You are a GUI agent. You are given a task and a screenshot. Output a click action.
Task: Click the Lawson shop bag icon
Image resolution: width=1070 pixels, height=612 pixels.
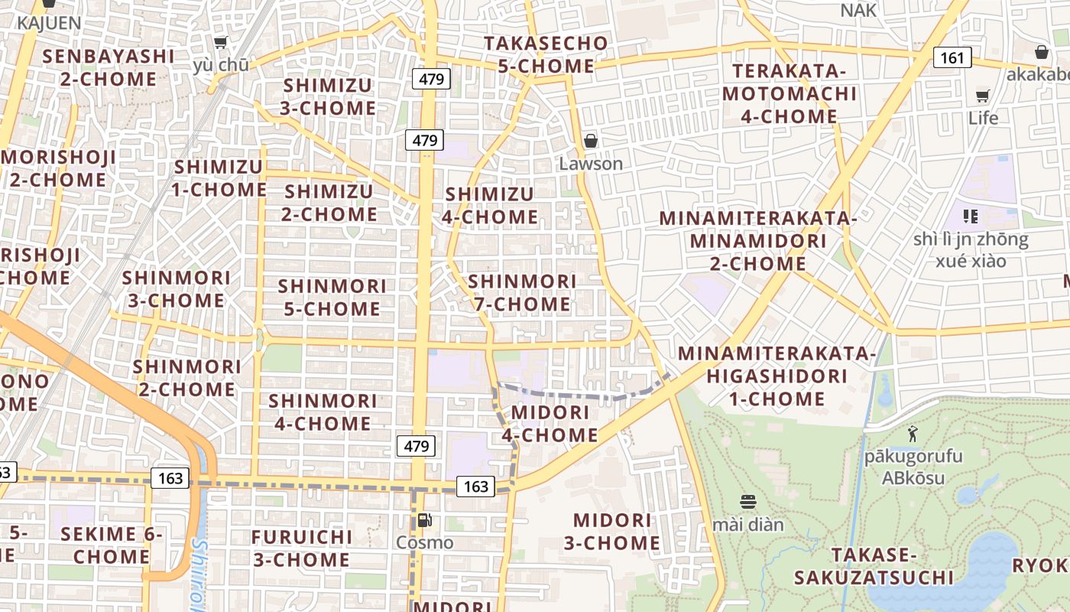tap(590, 141)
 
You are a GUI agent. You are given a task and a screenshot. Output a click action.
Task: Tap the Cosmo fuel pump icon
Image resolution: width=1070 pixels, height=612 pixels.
tap(424, 520)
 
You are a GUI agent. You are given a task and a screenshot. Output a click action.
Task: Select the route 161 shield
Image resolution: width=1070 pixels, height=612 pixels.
tap(952, 57)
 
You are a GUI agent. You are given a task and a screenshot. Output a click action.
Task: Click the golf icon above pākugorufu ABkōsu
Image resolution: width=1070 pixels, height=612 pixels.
tap(912, 435)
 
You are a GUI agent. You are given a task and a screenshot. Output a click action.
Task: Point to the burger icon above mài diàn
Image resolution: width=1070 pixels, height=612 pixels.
tap(748, 502)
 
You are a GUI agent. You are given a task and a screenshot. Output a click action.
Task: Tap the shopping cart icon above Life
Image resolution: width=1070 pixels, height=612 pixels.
tap(983, 96)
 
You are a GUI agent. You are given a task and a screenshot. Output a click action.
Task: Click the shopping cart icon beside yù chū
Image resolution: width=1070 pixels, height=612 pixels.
tap(221, 42)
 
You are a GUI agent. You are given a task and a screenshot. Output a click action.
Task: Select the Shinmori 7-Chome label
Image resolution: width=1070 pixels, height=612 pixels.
tap(523, 293)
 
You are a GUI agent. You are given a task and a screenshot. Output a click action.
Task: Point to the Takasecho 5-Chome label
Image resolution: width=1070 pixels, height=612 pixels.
tap(546, 54)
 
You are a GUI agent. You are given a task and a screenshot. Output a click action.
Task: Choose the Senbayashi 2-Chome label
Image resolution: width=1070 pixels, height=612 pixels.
tap(109, 67)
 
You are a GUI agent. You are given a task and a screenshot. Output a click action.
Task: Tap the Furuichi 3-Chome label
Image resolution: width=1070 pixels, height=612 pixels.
tap(301, 549)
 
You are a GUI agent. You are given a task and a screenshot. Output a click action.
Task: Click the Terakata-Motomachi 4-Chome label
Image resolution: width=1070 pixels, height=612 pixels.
tap(790, 94)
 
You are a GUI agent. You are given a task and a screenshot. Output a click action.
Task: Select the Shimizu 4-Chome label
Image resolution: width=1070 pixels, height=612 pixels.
tap(490, 206)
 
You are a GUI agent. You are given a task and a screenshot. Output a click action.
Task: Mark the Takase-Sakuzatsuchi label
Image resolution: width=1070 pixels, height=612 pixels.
tap(874, 565)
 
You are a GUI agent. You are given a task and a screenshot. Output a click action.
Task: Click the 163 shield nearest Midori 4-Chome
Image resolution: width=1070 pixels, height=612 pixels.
tap(475, 486)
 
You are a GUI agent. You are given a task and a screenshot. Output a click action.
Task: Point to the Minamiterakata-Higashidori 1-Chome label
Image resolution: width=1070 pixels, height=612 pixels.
tap(777, 376)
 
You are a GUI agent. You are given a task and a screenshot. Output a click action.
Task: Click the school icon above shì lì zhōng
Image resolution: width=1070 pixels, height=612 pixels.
tap(971, 216)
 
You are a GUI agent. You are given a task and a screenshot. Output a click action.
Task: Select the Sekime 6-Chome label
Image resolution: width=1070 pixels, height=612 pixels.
tap(112, 545)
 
